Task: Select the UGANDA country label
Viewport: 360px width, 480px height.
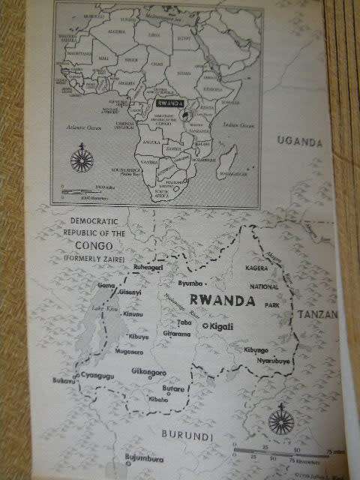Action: point(300,141)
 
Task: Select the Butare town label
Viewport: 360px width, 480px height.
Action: point(174,390)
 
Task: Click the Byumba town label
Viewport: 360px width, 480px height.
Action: point(192,283)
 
